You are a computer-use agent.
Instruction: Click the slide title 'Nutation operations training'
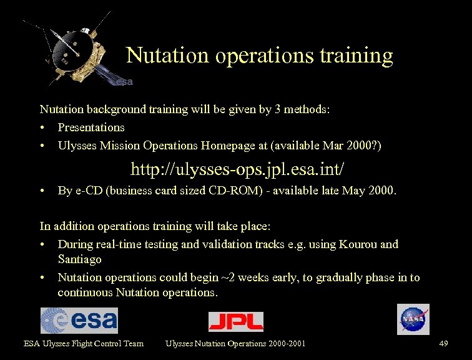tap(259, 56)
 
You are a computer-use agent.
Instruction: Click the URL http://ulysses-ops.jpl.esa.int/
tap(237, 169)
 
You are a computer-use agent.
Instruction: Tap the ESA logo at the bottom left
tap(79, 320)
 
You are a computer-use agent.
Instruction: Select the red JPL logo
tap(235, 321)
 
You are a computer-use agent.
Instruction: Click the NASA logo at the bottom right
tap(413, 319)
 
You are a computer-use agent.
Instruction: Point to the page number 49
tap(444, 343)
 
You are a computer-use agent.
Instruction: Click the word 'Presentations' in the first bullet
tap(91, 127)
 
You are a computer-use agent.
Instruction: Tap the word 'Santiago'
tap(79, 259)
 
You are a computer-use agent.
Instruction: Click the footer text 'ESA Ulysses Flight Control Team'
tap(84, 343)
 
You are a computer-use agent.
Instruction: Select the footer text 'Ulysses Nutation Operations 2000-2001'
tap(235, 343)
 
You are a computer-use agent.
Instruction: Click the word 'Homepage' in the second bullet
tap(225, 146)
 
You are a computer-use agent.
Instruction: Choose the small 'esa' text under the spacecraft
tap(124, 82)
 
